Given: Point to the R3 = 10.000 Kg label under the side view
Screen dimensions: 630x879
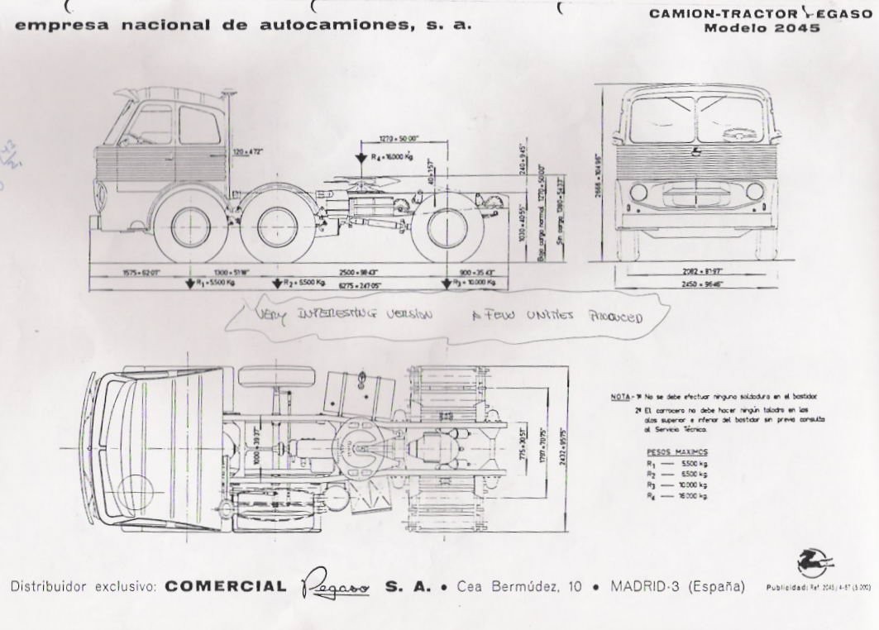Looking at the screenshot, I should pos(474,283).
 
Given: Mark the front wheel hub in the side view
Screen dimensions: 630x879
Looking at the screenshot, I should pos(191,226).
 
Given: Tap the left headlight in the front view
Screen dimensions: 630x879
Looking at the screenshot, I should pos(638,193).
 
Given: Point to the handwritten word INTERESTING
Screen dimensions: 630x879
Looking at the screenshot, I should pos(338,313).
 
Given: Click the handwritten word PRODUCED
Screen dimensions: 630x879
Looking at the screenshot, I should pos(614,317).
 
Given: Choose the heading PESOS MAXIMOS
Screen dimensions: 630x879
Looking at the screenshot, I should pos(676,452).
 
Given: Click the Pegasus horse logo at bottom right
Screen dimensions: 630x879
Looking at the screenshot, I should pos(815,563).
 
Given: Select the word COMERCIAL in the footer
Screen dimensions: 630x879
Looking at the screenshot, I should pos(225,587).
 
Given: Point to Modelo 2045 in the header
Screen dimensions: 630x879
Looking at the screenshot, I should pos(762,28).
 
